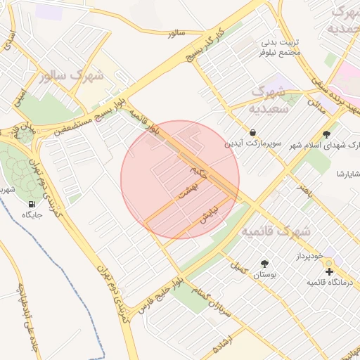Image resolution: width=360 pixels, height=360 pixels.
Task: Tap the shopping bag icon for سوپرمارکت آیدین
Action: (x=252, y=132)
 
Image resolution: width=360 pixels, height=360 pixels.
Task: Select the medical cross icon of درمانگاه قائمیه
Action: (x=329, y=271)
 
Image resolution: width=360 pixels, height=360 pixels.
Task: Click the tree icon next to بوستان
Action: (x=264, y=264)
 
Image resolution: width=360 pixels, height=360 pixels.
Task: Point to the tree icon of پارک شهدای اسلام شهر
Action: (x=326, y=134)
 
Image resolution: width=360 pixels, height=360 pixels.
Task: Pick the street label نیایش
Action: (x=209, y=212)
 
